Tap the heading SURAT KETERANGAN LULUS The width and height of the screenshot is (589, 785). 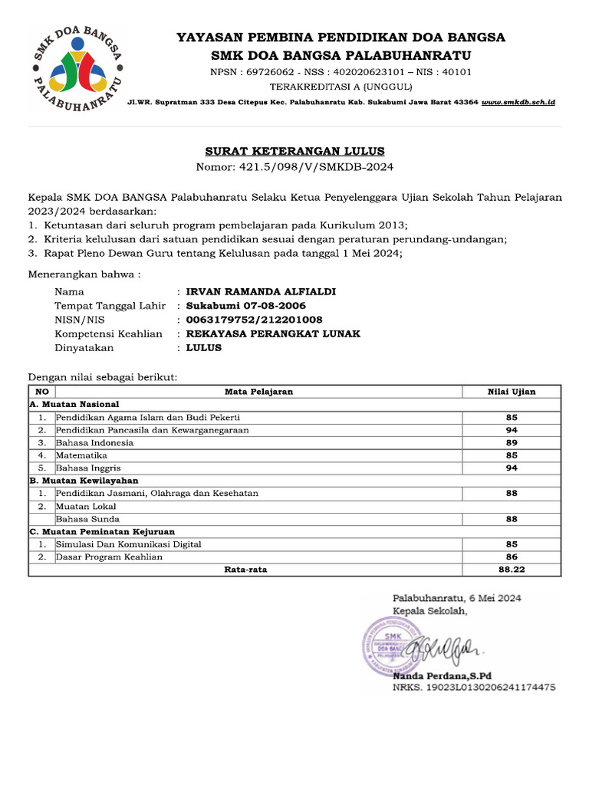[x=294, y=152]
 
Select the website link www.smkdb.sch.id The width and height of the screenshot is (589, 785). [x=518, y=102]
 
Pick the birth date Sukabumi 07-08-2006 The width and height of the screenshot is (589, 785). [x=240, y=306]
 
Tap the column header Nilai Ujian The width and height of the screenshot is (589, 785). [x=512, y=392]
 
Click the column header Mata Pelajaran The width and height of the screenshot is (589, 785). [x=258, y=392]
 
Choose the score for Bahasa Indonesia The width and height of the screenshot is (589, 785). [x=512, y=442]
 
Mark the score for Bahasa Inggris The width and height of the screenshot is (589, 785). [x=512, y=468]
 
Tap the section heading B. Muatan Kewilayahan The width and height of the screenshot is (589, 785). [x=84, y=481]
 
